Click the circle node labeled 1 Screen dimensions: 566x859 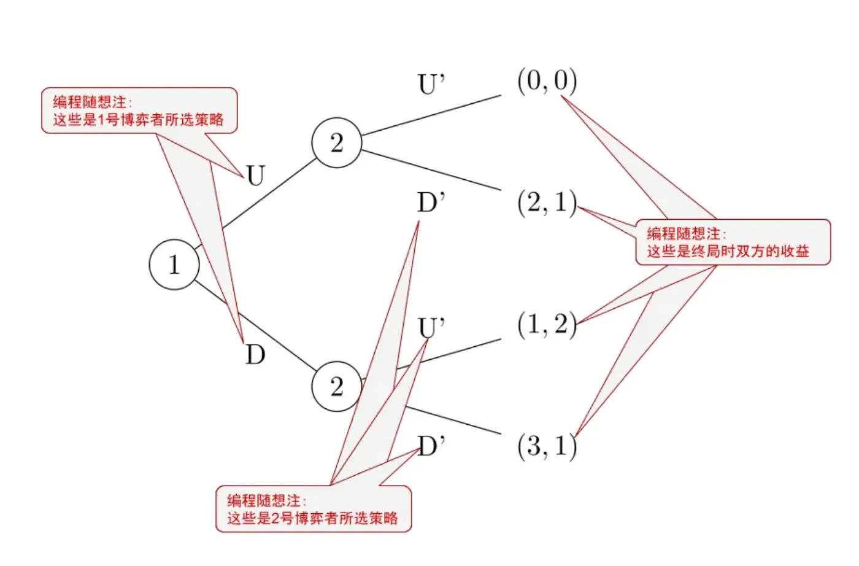click(x=174, y=265)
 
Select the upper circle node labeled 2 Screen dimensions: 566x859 click(x=336, y=142)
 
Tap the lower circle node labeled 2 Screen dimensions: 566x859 click(x=336, y=386)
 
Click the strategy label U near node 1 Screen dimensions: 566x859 click(x=255, y=176)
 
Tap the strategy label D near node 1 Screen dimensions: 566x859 click(x=255, y=355)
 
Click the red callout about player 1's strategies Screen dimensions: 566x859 click(x=139, y=110)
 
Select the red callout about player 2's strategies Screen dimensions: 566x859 click(x=313, y=509)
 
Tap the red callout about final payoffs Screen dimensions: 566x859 click(x=732, y=242)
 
